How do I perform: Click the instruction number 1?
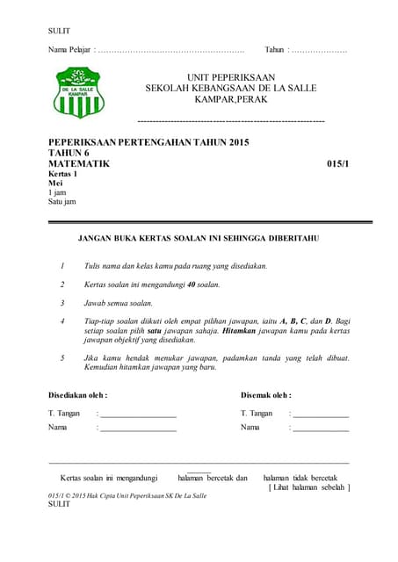tap(62, 265)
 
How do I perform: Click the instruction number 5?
tap(62, 358)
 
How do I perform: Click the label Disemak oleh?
tap(265, 395)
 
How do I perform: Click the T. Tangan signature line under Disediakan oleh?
tap(138, 414)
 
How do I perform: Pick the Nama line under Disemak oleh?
tap(321, 429)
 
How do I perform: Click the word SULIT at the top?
tap(58, 32)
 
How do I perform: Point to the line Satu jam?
tap(62, 202)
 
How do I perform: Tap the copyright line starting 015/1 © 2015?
tap(127, 496)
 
